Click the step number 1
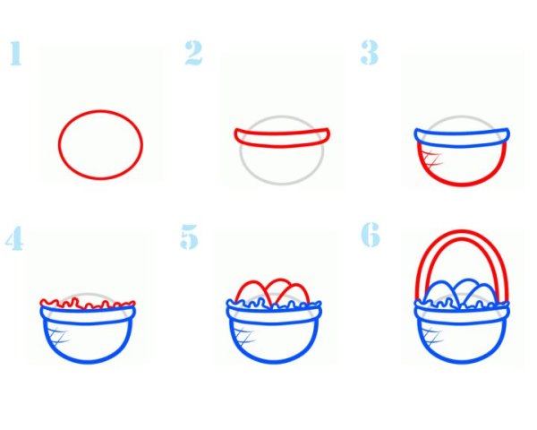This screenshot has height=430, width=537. (16, 53)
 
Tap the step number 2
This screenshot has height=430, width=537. (193, 53)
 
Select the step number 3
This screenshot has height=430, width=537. (369, 52)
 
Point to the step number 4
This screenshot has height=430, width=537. (14, 238)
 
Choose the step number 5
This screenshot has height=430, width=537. (189, 236)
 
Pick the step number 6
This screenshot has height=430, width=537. (371, 235)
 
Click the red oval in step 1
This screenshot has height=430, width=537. (100, 111)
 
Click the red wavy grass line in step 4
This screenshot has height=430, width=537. (88, 304)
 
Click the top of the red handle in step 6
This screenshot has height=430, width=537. (462, 231)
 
